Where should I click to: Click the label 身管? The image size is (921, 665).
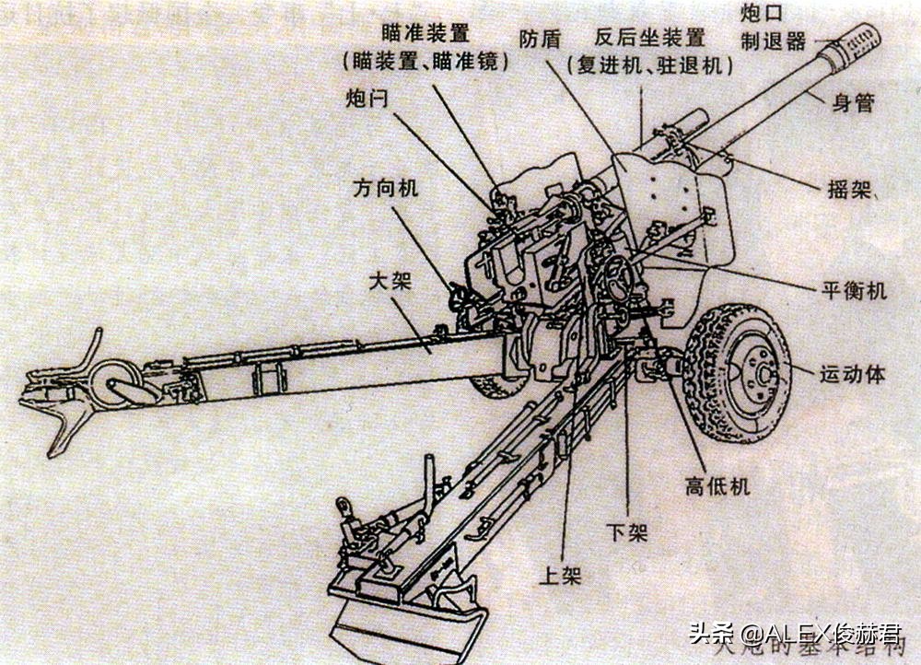pyautogui.click(x=852, y=103)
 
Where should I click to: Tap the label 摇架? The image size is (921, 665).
pyautogui.click(x=847, y=191)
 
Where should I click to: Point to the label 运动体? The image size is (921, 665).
pyautogui.click(x=852, y=374)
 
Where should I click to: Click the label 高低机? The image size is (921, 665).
pyautogui.click(x=717, y=486)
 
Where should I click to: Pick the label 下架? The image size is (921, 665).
pyautogui.click(x=627, y=533)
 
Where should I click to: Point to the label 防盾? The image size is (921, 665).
pyautogui.click(x=540, y=39)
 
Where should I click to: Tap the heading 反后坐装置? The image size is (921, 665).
pyautogui.click(x=650, y=38)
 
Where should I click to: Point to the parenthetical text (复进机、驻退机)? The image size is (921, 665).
pyautogui.click(x=650, y=66)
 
